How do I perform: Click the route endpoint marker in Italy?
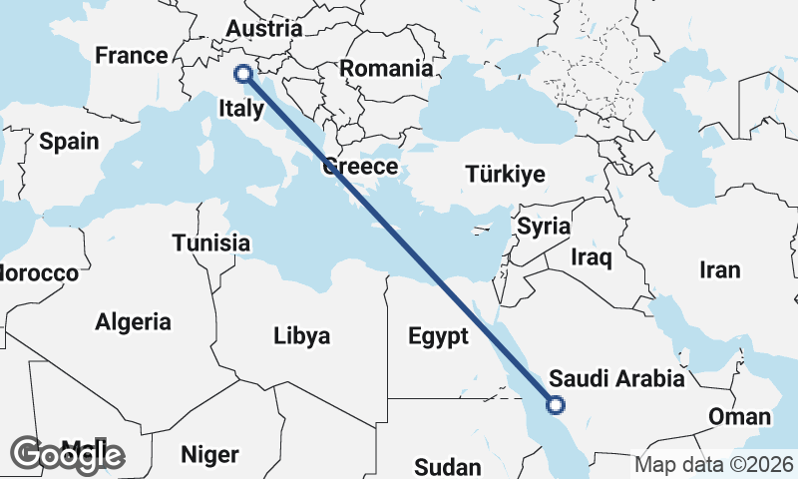pyautogui.click(x=241, y=73)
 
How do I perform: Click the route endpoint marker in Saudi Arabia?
pyautogui.click(x=556, y=404)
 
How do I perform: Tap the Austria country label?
pyautogui.click(x=264, y=28)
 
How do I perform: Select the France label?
pyautogui.click(x=131, y=56)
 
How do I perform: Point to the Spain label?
pyautogui.click(x=69, y=142)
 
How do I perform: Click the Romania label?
pyautogui.click(x=387, y=69)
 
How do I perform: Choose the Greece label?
pyautogui.click(x=360, y=167)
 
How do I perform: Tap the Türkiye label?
pyautogui.click(x=505, y=175)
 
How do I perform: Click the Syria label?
pyautogui.click(x=544, y=227)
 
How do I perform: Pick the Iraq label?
pyautogui.click(x=592, y=257)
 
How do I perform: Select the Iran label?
pyautogui.click(x=719, y=269)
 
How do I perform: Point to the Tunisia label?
pyautogui.click(x=210, y=243)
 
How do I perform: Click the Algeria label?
pyautogui.click(x=133, y=322)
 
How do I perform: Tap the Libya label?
pyautogui.click(x=301, y=336)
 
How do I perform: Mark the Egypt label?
pyautogui.click(x=438, y=336)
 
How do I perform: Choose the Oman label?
pyautogui.click(x=739, y=417)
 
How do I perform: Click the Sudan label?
pyautogui.click(x=448, y=466)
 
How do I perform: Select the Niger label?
pyautogui.click(x=209, y=455)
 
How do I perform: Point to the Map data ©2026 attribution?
pyautogui.click(x=714, y=464)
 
